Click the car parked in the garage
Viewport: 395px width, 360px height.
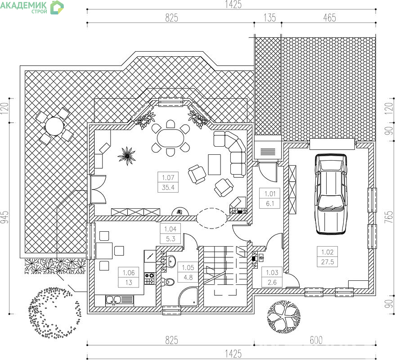[x=331, y=194]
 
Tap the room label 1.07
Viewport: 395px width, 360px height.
[x=168, y=178]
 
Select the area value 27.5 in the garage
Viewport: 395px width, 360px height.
[x=327, y=262]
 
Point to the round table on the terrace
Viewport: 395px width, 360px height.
[x=54, y=126]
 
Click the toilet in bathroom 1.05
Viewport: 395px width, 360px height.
[x=168, y=282]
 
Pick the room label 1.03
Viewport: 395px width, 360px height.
[x=272, y=272]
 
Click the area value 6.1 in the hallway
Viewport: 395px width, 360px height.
[x=270, y=203]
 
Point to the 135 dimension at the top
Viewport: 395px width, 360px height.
[x=269, y=18]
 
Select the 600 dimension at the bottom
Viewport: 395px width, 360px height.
[x=316, y=340]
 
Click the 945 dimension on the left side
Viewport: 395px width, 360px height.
[x=5, y=217]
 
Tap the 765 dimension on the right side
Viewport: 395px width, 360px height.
[x=389, y=217]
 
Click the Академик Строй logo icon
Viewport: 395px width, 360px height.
[x=57, y=7]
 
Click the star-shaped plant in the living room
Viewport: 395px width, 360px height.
[x=127, y=156]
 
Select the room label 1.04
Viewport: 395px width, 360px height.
[x=171, y=229]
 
